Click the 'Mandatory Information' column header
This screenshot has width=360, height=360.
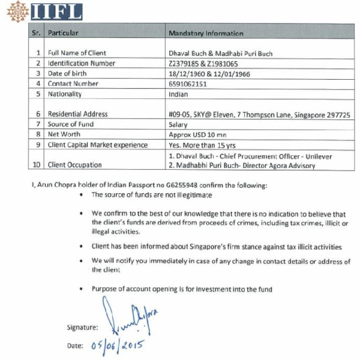[x=206, y=34]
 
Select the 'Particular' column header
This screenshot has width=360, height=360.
[x=64, y=33]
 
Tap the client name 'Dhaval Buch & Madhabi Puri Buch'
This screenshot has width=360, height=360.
[x=221, y=53]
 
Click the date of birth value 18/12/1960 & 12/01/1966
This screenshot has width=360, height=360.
[x=209, y=74]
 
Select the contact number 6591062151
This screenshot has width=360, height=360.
[x=189, y=84]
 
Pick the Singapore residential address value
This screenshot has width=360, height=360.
[x=259, y=114]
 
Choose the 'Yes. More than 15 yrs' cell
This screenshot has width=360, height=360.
[x=202, y=145]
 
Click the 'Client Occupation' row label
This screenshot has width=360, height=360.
[x=75, y=165]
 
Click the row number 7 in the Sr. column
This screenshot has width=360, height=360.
[x=38, y=124]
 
